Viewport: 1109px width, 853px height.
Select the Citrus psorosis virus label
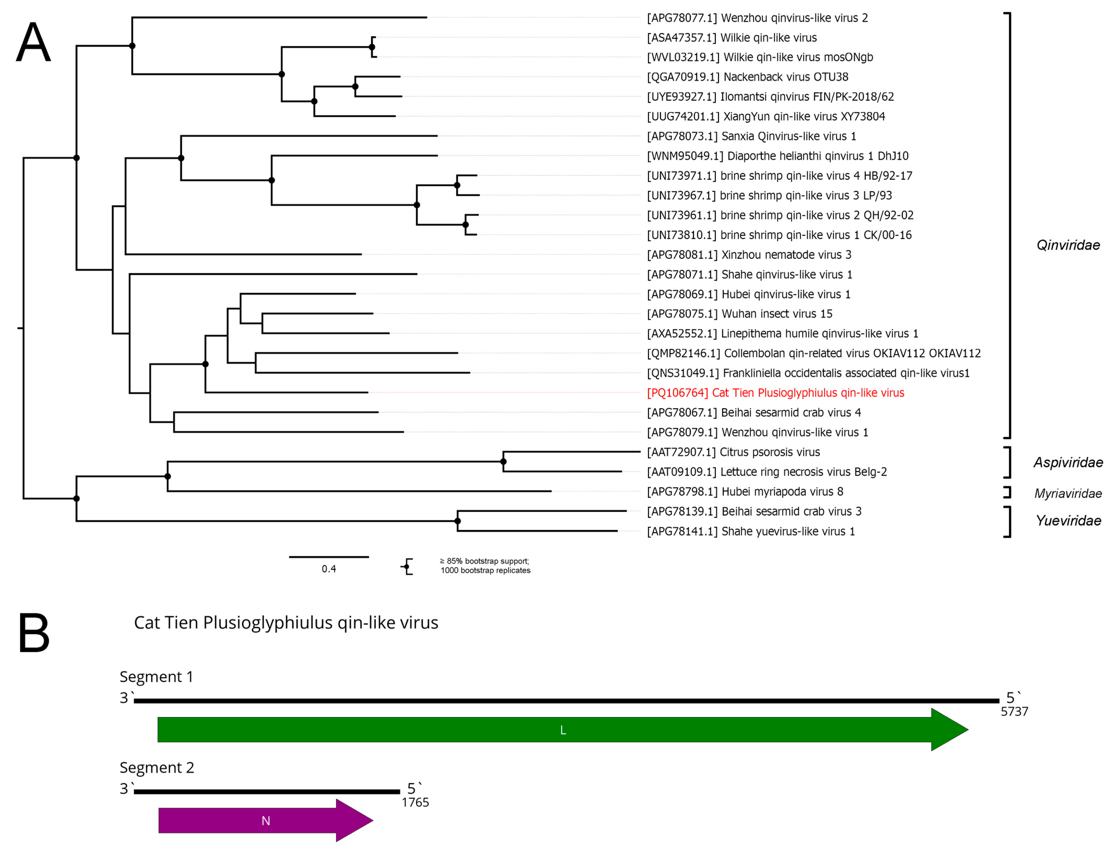(733, 452)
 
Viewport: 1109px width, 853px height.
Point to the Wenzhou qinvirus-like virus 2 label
(757, 18)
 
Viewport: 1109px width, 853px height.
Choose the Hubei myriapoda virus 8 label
(745, 492)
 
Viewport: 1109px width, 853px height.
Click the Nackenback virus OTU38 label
(748, 77)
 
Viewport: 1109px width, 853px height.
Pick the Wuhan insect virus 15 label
(739, 314)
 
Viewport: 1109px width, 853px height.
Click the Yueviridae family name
(1068, 521)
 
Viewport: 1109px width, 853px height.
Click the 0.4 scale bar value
(329, 569)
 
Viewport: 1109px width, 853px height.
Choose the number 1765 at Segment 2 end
(415, 803)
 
